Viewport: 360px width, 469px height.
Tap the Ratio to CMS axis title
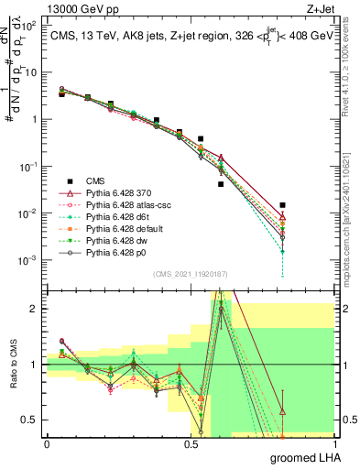coord(13,365)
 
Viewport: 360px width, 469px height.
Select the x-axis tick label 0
coord(47,444)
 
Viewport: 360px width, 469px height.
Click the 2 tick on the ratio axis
coord(35,309)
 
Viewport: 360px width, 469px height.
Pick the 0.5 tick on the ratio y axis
coord(29,420)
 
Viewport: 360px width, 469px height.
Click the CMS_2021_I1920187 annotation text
coord(191,274)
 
